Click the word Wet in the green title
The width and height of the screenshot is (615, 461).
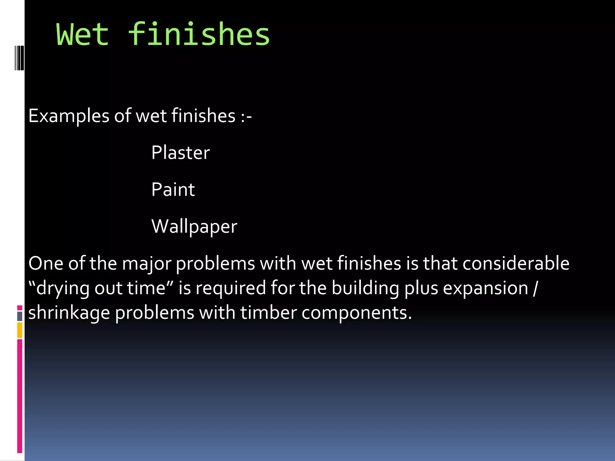coord(82,35)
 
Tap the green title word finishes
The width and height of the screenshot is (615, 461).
coord(199,35)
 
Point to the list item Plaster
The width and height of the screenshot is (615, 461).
coord(180,152)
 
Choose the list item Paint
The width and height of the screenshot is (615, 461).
coord(173,189)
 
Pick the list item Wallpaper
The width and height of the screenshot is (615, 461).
coord(194,227)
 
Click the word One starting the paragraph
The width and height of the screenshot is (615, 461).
coord(46,264)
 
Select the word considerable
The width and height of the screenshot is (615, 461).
coord(516,264)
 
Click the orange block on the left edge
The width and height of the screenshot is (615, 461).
coord(20,330)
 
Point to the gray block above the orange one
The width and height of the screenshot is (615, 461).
coord(20,316)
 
